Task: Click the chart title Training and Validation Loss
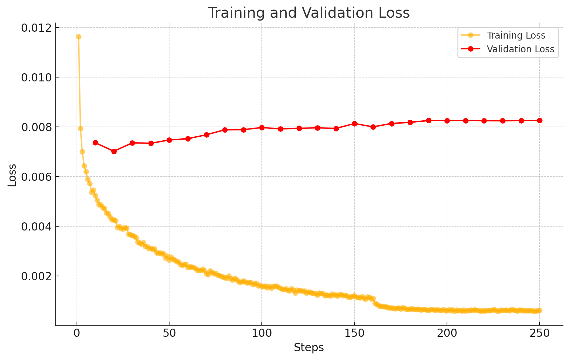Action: coord(309,13)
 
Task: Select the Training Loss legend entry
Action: coord(516,35)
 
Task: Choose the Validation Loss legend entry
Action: coord(520,49)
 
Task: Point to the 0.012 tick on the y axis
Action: coord(36,28)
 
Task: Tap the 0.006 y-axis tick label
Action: coord(36,177)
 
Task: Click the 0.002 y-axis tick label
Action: coord(36,276)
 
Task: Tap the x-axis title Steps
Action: coord(309,348)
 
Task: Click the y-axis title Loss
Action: coord(12,175)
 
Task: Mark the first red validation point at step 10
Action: coord(95,143)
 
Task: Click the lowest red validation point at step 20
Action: coord(114,151)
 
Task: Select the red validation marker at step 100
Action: coord(262,128)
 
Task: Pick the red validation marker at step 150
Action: coord(354,124)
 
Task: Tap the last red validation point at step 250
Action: coord(540,120)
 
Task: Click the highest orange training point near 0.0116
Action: coord(79,37)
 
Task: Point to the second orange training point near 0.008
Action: coord(80,129)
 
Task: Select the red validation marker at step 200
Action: coord(447,121)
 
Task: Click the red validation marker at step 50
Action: coord(169,140)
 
